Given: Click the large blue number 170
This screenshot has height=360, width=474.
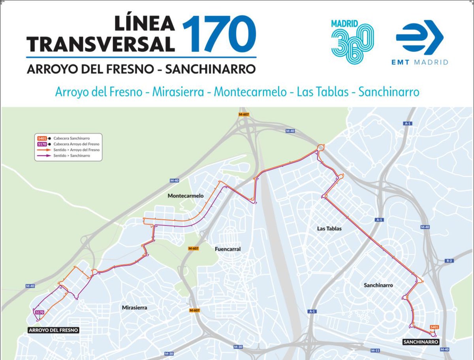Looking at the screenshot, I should click(x=219, y=34).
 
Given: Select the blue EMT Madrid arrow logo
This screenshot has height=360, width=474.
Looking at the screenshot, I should click(x=419, y=38).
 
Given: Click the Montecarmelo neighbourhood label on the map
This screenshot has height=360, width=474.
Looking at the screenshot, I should click(x=185, y=196).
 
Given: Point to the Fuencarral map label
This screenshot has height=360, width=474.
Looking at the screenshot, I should click(x=228, y=249).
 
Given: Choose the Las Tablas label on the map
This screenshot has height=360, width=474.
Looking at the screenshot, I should click(x=329, y=228).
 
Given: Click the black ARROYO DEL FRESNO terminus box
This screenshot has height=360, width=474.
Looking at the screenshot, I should click(x=53, y=330).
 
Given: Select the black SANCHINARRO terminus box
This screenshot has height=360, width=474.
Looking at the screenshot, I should click(x=421, y=342).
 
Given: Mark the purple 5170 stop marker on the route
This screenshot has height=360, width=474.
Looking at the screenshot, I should click(x=39, y=313).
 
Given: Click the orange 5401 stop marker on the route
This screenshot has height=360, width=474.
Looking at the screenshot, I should click(x=434, y=327).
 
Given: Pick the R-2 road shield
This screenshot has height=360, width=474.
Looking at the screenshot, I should click(x=449, y=261).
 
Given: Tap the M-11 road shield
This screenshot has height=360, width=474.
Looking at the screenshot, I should click(x=375, y=351).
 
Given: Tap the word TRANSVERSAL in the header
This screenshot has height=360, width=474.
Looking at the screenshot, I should click(x=101, y=44).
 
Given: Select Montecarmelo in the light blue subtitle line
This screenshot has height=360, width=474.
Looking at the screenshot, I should click(x=250, y=92).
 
